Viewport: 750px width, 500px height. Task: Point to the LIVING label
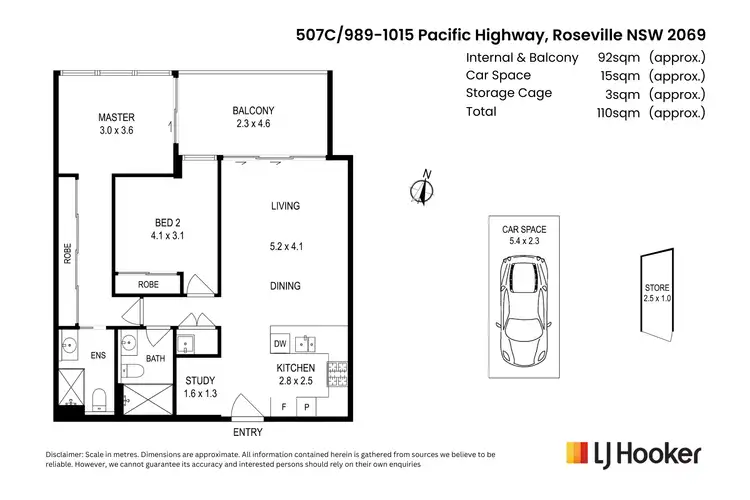pos(285,206)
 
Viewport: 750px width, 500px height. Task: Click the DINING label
pos(285,286)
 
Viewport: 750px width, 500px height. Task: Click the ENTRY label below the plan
pos(247,431)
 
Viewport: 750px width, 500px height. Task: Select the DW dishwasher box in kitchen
pos(279,346)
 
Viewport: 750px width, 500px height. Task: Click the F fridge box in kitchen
pos(283,408)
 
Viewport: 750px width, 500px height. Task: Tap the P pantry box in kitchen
pos(307,408)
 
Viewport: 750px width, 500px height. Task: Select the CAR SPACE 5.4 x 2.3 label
pos(524,235)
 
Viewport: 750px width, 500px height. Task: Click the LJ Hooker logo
pos(633,453)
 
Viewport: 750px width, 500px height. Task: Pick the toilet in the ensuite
pos(98,400)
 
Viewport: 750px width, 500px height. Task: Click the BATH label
pos(155,357)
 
